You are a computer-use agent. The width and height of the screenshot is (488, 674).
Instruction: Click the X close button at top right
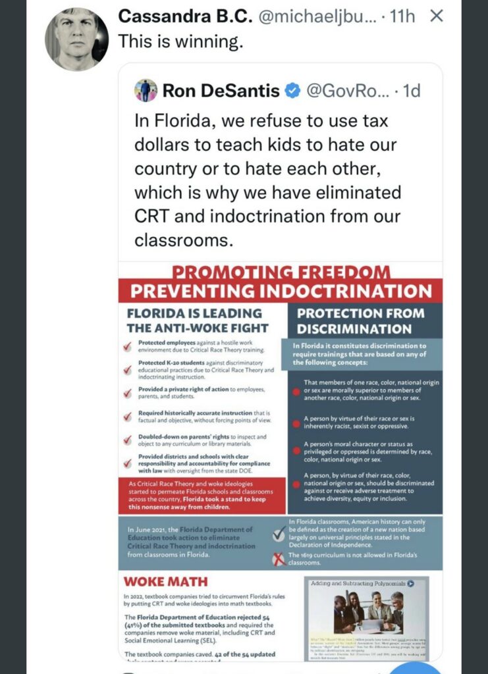(x=435, y=16)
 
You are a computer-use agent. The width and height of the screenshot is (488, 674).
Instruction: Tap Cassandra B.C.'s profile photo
(x=76, y=40)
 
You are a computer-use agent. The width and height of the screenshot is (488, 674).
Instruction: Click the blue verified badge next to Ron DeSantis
(x=292, y=91)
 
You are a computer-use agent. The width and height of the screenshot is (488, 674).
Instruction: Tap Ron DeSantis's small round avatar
(x=146, y=90)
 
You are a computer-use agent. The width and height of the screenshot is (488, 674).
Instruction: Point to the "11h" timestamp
(x=402, y=16)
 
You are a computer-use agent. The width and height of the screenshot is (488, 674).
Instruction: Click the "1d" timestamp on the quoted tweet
(x=411, y=91)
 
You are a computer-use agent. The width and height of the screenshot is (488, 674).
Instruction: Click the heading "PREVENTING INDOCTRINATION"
(x=281, y=291)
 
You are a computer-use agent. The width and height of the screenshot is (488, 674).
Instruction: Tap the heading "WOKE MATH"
(x=165, y=582)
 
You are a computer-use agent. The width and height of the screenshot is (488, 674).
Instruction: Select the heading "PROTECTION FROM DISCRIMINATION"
(x=360, y=321)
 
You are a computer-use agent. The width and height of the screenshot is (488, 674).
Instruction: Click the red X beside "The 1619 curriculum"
(x=279, y=559)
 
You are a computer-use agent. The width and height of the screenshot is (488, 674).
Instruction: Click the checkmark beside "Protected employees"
(x=128, y=347)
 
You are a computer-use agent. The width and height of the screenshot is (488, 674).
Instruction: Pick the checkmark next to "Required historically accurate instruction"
(x=128, y=416)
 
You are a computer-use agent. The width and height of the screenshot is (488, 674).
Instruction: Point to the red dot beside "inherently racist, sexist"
(x=296, y=421)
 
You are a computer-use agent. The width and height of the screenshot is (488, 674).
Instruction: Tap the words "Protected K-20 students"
(x=171, y=363)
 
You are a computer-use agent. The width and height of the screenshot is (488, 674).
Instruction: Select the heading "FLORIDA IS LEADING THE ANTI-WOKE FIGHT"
(x=198, y=321)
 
